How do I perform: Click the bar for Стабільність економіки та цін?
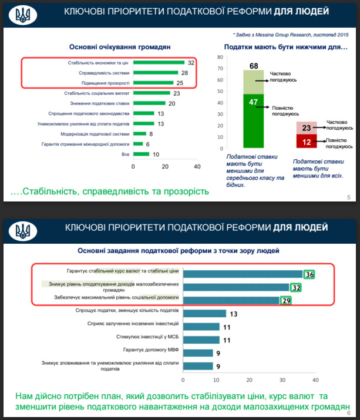(159, 62)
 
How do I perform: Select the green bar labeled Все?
(142, 154)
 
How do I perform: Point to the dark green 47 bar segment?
(254, 120)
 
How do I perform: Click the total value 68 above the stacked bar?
(254, 65)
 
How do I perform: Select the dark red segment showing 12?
(307, 141)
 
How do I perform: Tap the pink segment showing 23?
(307, 127)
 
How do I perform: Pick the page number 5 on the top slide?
(348, 197)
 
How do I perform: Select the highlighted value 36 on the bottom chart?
(310, 274)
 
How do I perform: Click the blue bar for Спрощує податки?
(206, 314)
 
